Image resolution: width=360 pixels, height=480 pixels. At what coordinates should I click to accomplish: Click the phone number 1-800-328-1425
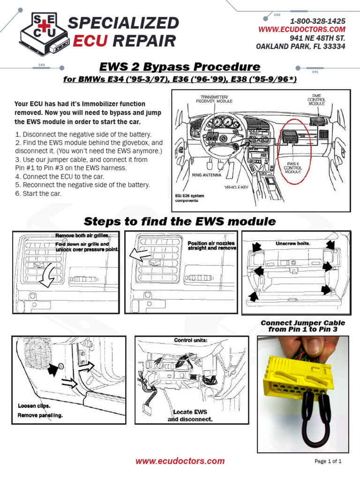[318, 22]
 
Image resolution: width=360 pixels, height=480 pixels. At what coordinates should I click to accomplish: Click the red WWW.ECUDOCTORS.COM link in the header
[302, 30]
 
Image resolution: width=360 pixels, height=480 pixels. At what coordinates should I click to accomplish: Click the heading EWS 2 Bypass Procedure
[180, 66]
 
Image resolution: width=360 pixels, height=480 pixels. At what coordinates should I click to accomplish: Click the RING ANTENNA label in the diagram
[203, 174]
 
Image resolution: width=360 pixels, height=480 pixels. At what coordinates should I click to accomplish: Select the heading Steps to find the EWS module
[180, 221]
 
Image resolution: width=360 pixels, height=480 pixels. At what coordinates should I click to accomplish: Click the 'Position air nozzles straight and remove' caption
[212, 246]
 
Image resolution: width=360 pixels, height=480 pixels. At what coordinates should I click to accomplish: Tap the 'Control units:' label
[190, 340]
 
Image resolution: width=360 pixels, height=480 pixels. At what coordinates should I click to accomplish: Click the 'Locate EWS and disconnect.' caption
[190, 415]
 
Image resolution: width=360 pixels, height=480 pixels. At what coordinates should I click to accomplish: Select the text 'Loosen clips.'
[34, 406]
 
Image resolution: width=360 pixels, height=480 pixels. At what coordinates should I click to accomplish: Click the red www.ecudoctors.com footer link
[180, 461]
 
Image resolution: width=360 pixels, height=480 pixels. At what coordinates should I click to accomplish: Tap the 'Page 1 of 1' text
[328, 462]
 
